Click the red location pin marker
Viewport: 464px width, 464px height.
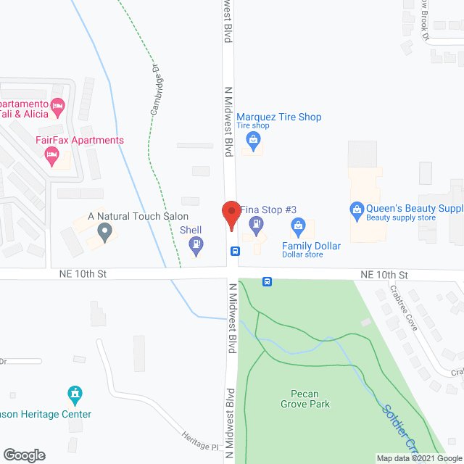tap(231, 215)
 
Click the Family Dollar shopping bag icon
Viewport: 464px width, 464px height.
tap(298, 228)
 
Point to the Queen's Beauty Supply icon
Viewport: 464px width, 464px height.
tap(356, 211)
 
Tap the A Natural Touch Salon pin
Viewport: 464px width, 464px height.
tap(105, 233)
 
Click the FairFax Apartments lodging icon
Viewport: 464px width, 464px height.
tap(51, 154)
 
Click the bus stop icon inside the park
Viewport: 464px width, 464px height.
tap(267, 281)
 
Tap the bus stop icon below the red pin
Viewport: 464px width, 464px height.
tap(235, 252)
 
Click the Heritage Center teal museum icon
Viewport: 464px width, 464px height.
tap(74, 395)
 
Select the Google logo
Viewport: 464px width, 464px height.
tap(24, 455)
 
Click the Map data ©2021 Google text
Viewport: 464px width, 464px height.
tap(418, 458)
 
